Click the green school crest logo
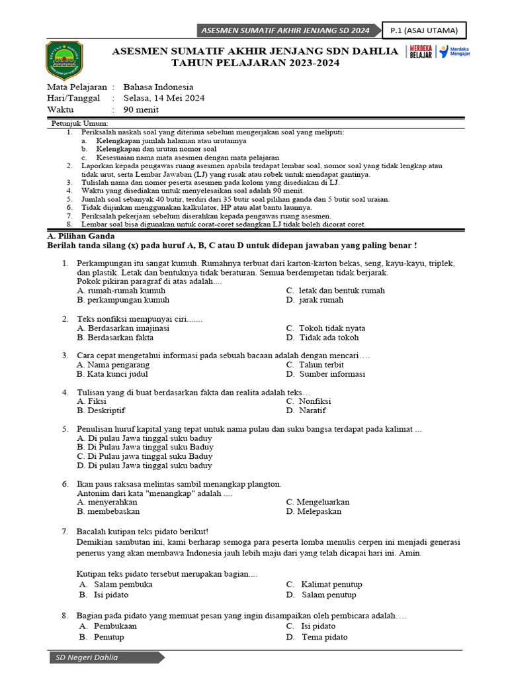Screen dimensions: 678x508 point(64,61)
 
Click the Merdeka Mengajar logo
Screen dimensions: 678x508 point(454,52)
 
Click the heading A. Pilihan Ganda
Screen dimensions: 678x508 point(81,236)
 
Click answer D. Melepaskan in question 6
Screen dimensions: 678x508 point(314,512)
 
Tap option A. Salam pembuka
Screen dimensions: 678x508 point(116,585)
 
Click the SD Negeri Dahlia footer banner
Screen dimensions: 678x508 point(106,657)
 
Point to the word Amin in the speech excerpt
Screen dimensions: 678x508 point(409,554)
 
